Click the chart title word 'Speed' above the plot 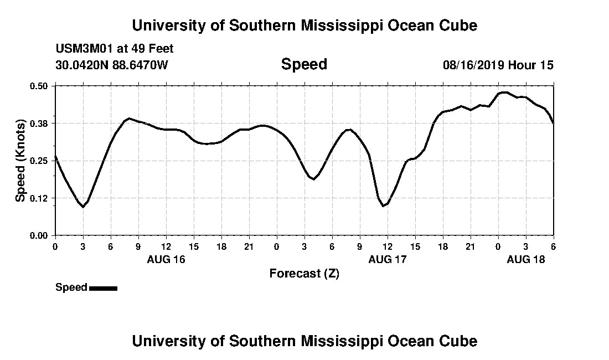click(x=304, y=64)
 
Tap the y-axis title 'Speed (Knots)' click(x=20, y=160)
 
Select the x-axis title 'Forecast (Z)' click(x=304, y=273)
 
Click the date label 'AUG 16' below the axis click(x=166, y=259)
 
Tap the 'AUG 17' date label click(x=388, y=259)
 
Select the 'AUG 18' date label click(x=526, y=259)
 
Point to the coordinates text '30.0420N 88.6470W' click(x=111, y=65)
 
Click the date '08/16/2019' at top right click(x=473, y=65)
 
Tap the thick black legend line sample click(x=103, y=288)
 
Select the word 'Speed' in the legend click(x=71, y=287)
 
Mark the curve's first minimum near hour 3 click(x=83, y=207)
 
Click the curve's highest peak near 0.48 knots click(x=504, y=92)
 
